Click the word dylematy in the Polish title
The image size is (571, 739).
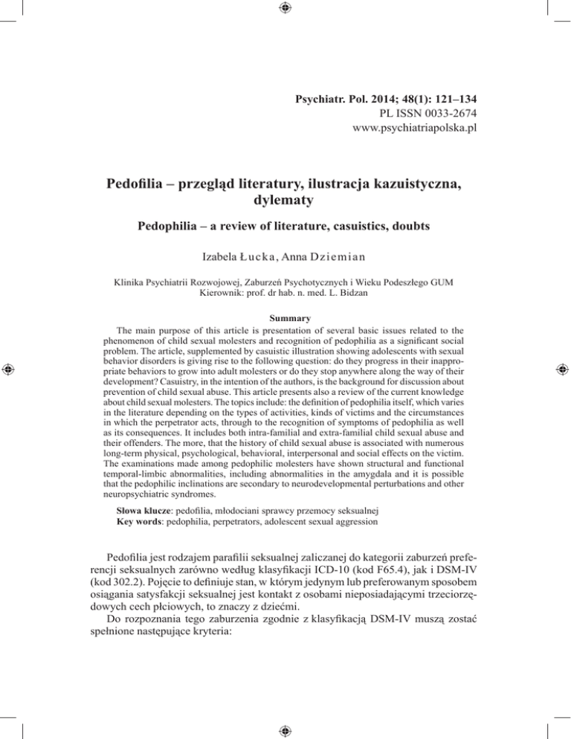tap(285, 199)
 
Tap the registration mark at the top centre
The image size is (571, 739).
tap(285, 9)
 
